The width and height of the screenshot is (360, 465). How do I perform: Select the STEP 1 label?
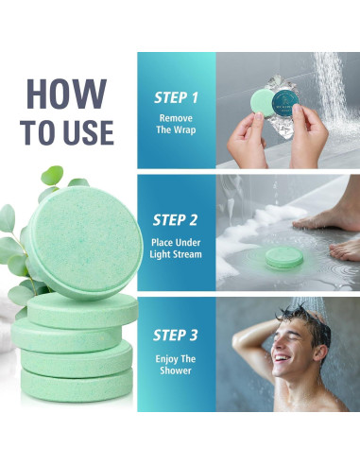(x=176, y=97)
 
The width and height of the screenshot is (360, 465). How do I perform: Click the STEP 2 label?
(x=176, y=220)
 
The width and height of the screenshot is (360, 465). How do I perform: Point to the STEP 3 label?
(x=176, y=336)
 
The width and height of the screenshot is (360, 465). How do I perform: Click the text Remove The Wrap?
(x=176, y=124)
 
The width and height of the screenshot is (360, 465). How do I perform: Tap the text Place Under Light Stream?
(x=176, y=249)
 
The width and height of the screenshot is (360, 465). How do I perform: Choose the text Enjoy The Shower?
(x=176, y=364)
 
